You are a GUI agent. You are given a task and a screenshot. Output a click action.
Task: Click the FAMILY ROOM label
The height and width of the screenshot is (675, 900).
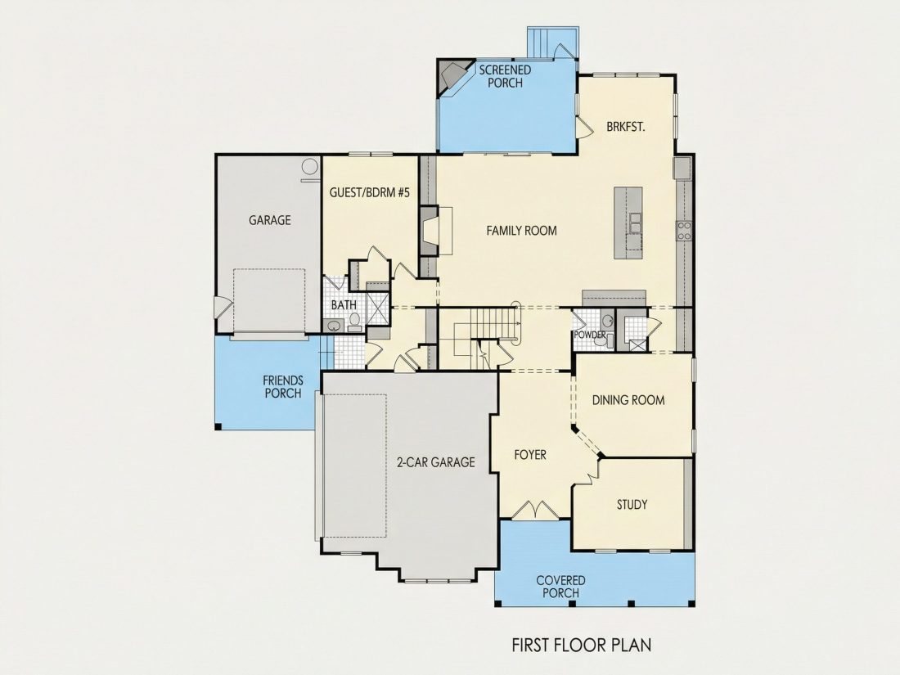(x=521, y=231)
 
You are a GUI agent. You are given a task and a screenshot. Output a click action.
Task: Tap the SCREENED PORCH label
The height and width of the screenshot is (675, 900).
(x=505, y=76)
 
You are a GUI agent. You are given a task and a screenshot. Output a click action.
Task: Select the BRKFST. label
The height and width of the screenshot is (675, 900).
(x=626, y=127)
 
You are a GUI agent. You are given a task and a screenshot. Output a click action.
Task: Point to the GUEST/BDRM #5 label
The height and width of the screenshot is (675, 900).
(x=370, y=192)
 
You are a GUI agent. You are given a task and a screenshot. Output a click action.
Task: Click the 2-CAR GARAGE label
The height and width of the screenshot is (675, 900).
(x=436, y=462)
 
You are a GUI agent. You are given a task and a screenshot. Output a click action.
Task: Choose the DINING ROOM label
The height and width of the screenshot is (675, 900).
(x=628, y=400)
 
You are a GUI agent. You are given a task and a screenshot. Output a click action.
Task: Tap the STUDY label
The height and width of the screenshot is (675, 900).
(x=632, y=505)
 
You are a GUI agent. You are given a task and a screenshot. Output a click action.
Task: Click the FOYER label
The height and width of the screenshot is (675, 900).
(x=530, y=455)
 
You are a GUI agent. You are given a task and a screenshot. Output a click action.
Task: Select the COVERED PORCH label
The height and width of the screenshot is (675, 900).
(x=560, y=587)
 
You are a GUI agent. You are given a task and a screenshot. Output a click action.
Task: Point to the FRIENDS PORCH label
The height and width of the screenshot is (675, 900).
(x=283, y=387)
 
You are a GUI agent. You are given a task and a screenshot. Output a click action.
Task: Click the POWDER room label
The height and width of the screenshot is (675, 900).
(x=589, y=335)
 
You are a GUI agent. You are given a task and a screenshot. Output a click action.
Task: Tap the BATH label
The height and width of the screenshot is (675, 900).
(x=344, y=305)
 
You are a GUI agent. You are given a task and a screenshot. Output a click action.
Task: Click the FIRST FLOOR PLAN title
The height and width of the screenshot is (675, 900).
(x=582, y=645)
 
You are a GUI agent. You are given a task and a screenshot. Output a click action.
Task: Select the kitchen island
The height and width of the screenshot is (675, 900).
(x=628, y=223)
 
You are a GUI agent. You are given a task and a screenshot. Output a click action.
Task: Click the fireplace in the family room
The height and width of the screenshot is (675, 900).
(x=436, y=231)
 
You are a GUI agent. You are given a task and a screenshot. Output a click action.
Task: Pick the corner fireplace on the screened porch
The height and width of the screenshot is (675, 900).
(x=454, y=75)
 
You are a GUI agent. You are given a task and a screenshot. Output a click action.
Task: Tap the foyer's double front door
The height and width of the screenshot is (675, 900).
(x=535, y=511)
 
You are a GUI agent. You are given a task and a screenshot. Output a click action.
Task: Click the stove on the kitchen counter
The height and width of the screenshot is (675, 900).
(x=684, y=230)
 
